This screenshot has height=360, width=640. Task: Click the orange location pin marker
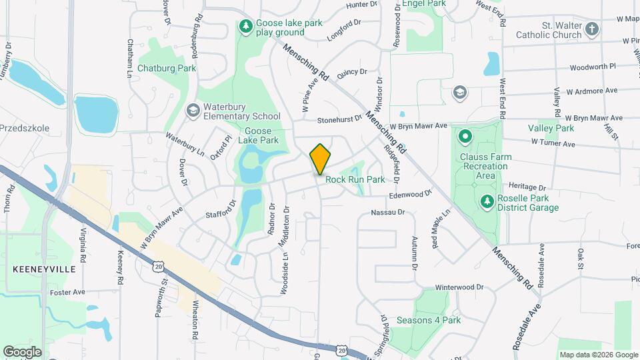point(320,159)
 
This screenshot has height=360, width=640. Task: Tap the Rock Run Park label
point(355,179)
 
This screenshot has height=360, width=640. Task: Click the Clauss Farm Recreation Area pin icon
point(465,138)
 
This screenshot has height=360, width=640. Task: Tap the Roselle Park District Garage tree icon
point(487,201)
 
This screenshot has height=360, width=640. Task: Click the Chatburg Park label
point(166,68)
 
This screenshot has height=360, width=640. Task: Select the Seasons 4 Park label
point(429,320)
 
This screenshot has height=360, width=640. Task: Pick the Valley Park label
point(551,128)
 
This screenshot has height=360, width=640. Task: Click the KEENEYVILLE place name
point(37,269)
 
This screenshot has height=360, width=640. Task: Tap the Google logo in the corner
point(22,351)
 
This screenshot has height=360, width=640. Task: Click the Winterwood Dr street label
point(459,287)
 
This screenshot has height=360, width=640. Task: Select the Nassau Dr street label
point(388,213)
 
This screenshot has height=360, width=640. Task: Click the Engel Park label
point(424,3)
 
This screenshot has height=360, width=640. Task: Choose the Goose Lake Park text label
point(261,136)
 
